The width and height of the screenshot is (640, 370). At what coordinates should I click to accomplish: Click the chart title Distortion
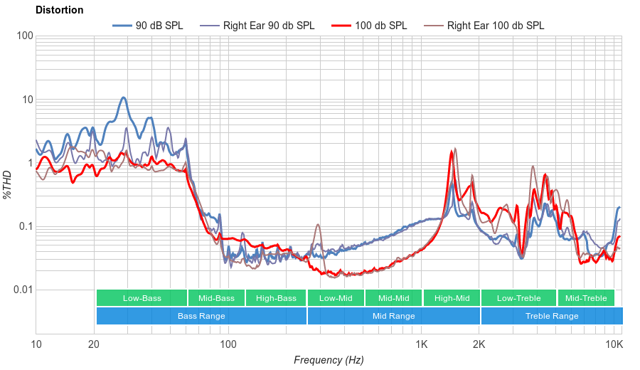coord(59,11)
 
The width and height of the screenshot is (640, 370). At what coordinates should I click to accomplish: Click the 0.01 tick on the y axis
coord(22,290)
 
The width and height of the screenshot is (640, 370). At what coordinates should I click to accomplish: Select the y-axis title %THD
coord(8,184)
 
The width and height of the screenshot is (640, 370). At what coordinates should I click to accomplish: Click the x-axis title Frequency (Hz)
coord(329,360)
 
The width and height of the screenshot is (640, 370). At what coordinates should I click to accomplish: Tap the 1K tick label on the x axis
coord(421,344)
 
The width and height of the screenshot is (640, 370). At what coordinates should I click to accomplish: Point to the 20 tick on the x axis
coord(94,344)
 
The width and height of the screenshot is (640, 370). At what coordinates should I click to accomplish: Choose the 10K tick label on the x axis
coord(614,344)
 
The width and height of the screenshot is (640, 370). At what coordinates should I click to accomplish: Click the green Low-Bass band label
coord(142,298)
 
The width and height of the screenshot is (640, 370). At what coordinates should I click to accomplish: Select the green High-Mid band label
coord(452,298)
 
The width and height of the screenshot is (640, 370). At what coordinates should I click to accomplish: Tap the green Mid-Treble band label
coord(585,298)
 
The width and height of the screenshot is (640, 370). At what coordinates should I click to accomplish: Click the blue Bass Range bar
coord(201,316)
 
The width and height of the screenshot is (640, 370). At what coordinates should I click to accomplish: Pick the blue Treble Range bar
coord(551,316)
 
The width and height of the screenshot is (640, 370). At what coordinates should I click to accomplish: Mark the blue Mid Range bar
coord(393,316)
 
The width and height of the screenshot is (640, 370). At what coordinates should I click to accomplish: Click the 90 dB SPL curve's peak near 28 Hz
coord(123,98)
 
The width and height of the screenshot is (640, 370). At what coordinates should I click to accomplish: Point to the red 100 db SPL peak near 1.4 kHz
coord(451,152)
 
